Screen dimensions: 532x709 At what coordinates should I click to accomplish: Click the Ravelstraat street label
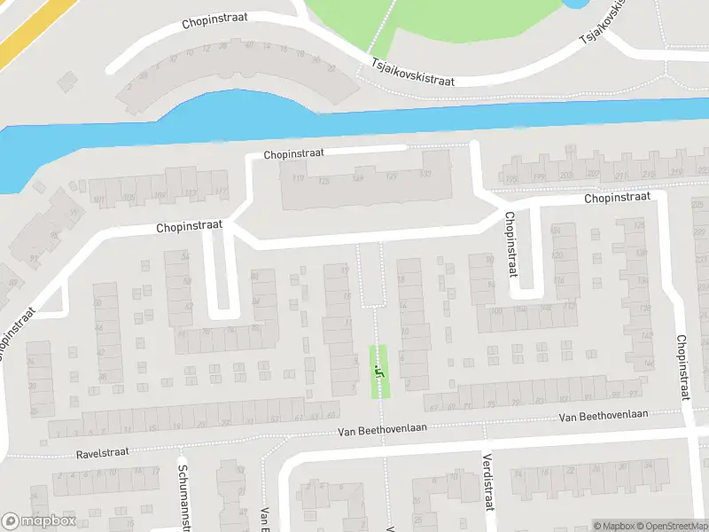(103, 451)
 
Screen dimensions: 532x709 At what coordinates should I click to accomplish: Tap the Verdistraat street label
(487, 482)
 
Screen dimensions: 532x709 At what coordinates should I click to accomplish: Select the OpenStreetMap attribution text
(672, 526)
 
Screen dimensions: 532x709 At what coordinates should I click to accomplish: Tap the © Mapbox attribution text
(614, 526)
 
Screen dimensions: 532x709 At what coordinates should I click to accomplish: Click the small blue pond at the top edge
(575, 4)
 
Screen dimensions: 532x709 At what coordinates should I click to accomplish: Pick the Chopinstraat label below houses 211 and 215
(618, 197)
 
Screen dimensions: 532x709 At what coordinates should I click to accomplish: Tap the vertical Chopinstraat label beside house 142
(682, 367)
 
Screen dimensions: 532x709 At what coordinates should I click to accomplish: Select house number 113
(191, 192)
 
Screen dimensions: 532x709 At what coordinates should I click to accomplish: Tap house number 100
(496, 310)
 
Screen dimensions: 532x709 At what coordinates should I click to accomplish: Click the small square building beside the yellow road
(67, 82)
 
